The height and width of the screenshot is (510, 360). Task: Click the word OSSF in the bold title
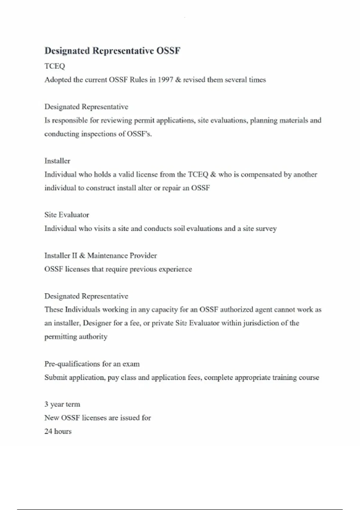tap(168, 51)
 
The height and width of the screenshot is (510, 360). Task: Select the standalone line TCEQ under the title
tap(55, 66)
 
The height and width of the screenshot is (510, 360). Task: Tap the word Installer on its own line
tap(57, 161)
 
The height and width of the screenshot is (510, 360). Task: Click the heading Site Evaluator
tap(67, 215)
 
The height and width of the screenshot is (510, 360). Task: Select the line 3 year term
tap(62, 404)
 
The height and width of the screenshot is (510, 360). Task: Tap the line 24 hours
tap(58, 431)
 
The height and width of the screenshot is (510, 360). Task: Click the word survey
tap(266, 229)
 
